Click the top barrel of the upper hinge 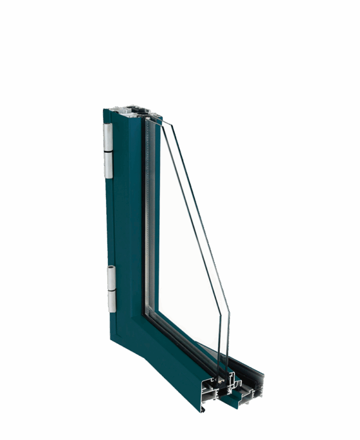pyautogui.click(x=107, y=137)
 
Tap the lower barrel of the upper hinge pyautogui.click(x=108, y=165)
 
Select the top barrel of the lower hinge pyautogui.click(x=111, y=276)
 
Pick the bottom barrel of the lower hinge pyautogui.click(x=112, y=301)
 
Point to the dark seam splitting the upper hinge pyautogui.click(x=107, y=152)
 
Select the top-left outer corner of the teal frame pyautogui.click(x=104, y=110)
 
